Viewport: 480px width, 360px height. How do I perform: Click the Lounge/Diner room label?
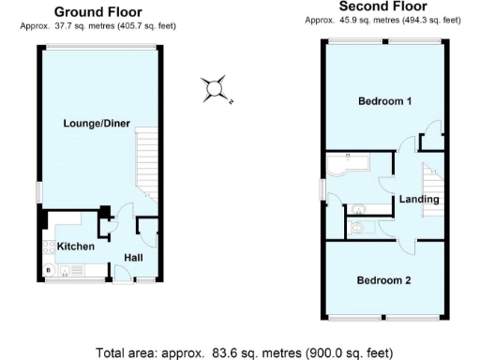coord(97,123)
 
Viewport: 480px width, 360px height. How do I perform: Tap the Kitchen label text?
coord(75,246)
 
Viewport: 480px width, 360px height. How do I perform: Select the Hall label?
coord(133,258)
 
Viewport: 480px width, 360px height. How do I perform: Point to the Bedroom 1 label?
coord(384,100)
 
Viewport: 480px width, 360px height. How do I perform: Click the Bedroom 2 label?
coord(384,279)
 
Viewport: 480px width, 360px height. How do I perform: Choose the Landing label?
coord(418,200)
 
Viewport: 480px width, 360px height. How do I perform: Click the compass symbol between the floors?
coord(216,89)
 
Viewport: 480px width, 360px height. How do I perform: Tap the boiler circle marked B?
coord(48,272)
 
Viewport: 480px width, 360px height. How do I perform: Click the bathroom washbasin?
coord(364,206)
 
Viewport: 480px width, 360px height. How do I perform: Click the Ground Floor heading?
coord(97,12)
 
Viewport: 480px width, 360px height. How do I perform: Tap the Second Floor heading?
coord(382,6)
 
